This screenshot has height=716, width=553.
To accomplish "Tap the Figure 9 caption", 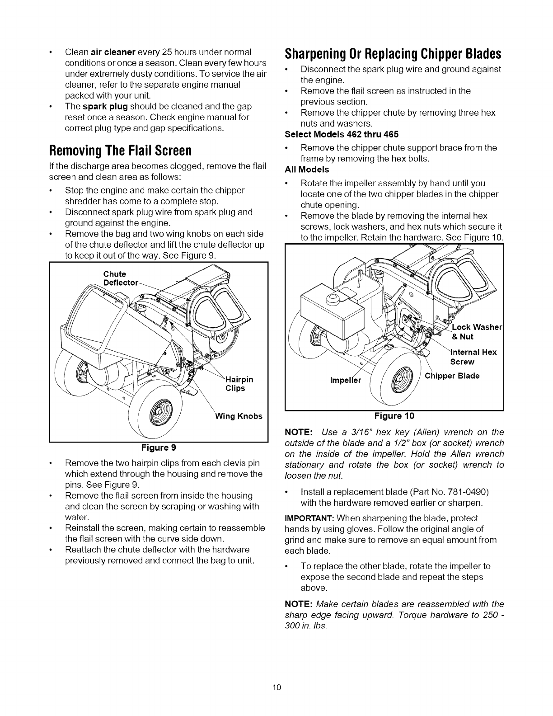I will coord(159,448).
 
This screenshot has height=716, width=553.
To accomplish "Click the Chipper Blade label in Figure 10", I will coord(452,376).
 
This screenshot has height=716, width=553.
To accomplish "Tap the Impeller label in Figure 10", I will coord(346,380).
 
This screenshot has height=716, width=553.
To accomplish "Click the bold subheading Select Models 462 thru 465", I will coord(342,134).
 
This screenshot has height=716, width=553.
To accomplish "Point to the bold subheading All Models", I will coord(307,170).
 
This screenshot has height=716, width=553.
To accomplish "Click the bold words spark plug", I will coord(104,106).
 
